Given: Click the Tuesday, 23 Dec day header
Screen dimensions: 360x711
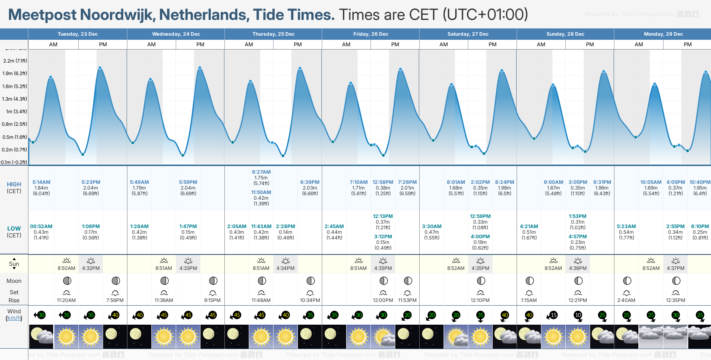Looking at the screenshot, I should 78,34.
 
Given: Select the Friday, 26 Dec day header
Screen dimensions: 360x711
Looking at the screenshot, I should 371,34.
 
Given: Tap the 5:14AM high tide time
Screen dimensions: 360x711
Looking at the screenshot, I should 41,182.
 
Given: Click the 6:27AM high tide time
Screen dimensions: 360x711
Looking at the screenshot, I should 261,172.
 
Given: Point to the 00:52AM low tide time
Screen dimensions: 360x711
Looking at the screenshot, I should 41,226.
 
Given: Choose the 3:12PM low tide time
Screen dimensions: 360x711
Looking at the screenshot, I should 383,237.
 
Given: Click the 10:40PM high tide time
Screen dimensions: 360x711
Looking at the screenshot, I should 700,182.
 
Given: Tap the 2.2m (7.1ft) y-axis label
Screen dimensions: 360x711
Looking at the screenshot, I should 15,61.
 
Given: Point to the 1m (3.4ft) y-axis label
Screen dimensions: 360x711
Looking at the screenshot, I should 17,112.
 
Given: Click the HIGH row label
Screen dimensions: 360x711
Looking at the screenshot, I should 14,184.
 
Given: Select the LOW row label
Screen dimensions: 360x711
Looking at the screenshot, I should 14,229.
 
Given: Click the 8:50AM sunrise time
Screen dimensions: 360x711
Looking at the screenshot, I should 66,268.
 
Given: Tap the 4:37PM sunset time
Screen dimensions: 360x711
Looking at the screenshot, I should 676,268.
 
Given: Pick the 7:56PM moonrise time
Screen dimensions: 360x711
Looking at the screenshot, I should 115,300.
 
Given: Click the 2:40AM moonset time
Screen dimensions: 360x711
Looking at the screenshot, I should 626,300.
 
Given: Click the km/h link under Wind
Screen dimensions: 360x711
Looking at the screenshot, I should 14,318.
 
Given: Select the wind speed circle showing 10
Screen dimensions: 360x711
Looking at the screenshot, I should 578,315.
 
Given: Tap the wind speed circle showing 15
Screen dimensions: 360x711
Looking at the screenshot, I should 554,315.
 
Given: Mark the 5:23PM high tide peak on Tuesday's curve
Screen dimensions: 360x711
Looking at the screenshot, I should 100,68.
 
